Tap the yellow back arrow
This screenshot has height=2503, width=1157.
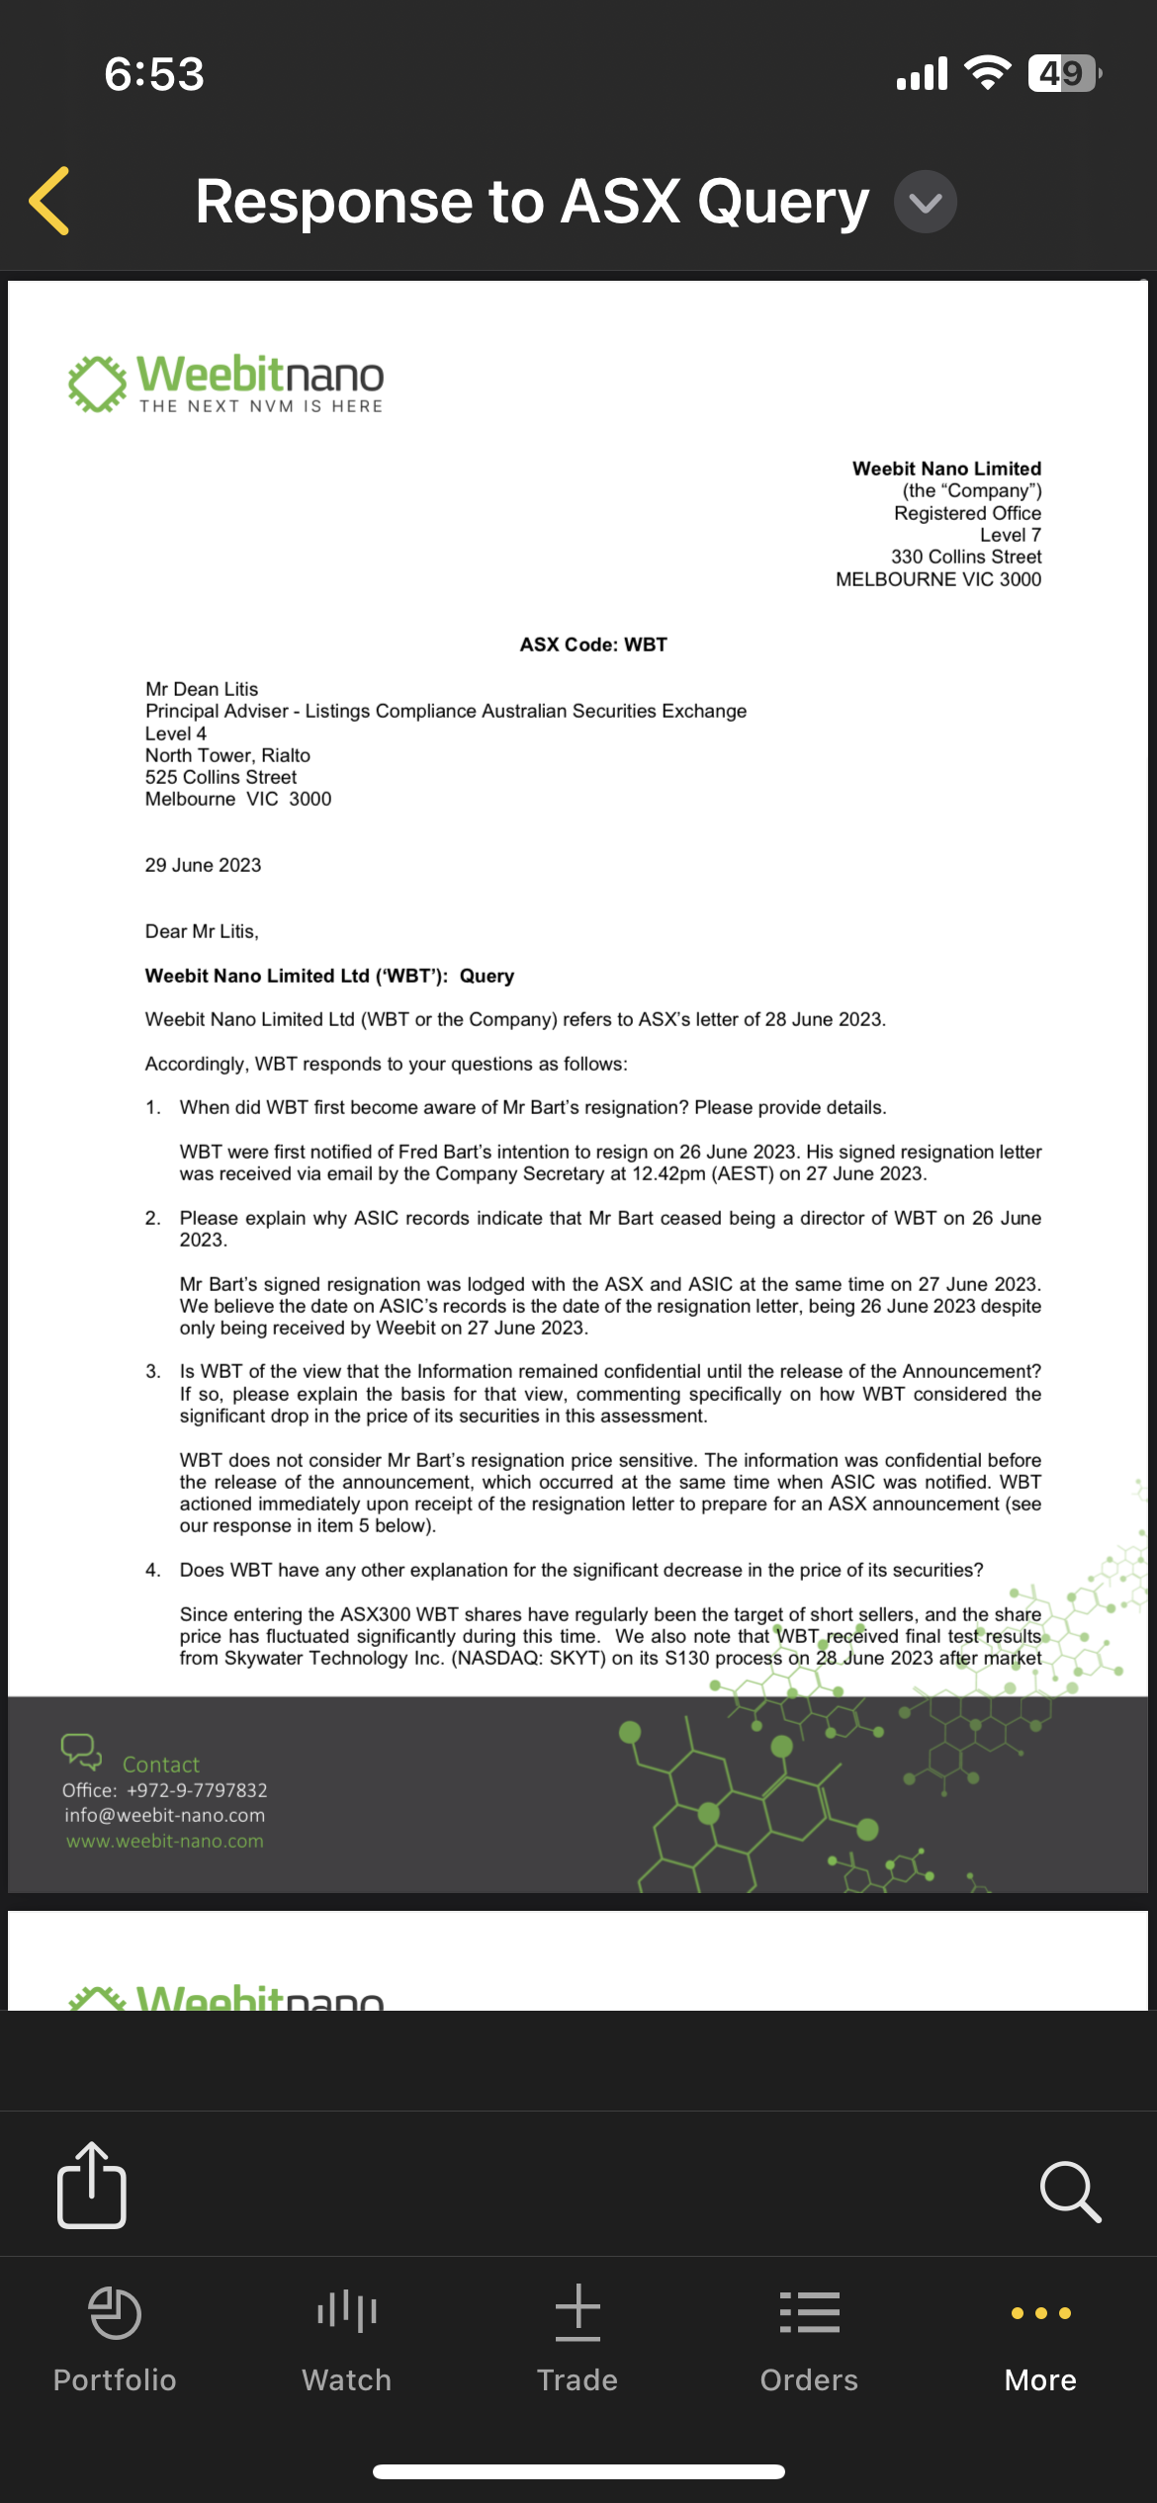[x=50, y=201]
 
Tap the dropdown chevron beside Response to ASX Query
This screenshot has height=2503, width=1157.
[x=925, y=203]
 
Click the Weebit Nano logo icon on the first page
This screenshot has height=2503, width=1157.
[x=97, y=383]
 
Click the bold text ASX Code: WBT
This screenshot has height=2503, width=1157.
[x=593, y=645]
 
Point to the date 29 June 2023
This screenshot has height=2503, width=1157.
[x=203, y=865]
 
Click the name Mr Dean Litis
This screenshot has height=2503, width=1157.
[x=202, y=689]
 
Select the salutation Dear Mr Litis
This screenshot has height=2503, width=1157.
[x=202, y=931]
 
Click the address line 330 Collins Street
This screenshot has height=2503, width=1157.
[x=965, y=557]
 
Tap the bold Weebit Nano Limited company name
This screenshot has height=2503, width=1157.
[x=946, y=469]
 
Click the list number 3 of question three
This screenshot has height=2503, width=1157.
[x=153, y=1372]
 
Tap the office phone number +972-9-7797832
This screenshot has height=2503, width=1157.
[x=197, y=1790]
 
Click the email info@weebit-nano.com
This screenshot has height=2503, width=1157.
[x=165, y=1815]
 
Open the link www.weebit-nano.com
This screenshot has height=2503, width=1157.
[x=165, y=1841]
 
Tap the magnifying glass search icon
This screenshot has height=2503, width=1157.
[x=1069, y=2191]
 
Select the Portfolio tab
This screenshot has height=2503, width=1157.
[x=115, y=2337]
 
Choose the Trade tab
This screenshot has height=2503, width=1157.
[x=578, y=2337]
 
